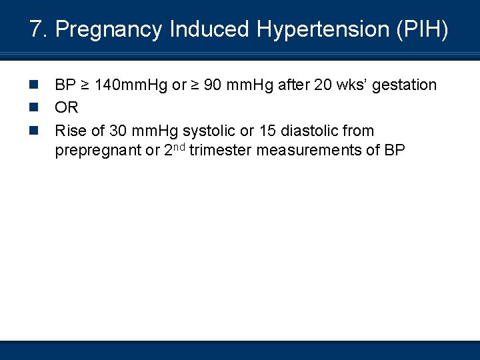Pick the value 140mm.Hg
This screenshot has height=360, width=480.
[x=132, y=85]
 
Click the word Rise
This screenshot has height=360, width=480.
[x=71, y=131]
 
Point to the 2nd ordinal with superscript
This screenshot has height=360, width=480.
[x=175, y=149]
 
